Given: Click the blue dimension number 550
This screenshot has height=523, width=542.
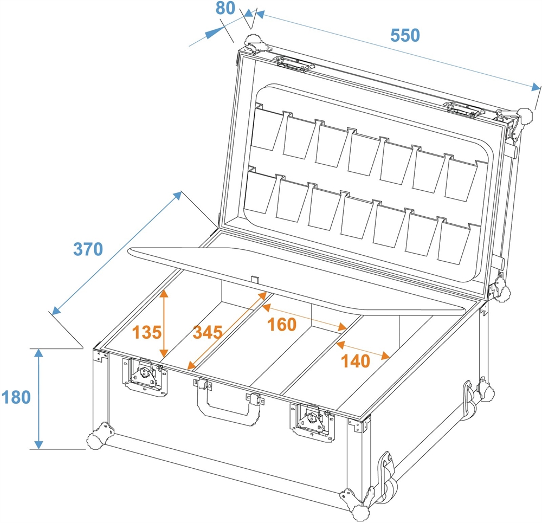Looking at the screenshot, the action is pos(405,35).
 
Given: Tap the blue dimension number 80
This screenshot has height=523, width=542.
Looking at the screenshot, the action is pos(225,8).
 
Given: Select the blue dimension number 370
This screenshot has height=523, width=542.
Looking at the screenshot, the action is pos(88,249).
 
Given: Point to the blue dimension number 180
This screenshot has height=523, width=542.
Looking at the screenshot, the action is pos(16,397).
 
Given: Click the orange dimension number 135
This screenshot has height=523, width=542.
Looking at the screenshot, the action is pos(147,332).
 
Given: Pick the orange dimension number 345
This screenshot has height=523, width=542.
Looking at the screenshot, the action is pos(208,332).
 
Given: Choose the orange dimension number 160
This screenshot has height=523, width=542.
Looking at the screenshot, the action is pos(282,324).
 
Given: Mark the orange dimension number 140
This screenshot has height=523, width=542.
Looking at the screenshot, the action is pos(356,361).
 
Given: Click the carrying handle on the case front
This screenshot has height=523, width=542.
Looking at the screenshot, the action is pos(228,401).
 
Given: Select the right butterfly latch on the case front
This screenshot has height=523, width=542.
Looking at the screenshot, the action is pos(312,421).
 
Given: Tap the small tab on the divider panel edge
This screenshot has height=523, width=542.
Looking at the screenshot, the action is pos(255,279).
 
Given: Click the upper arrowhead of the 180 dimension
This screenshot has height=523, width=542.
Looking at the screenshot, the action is pos(38,353).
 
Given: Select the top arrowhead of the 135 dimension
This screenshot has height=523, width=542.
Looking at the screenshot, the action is pos(164,293).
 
